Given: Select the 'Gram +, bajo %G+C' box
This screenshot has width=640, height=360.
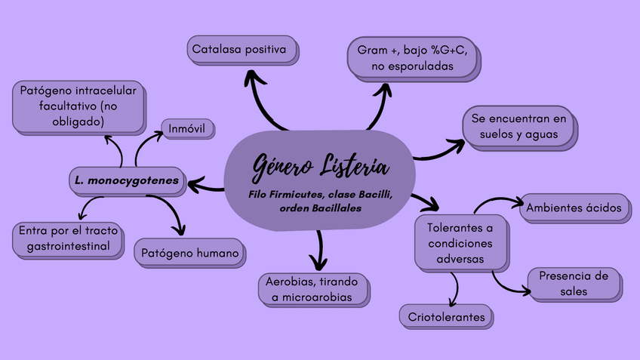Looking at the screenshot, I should pos(411,58).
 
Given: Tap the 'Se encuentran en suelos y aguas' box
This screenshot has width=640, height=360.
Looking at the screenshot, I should pos(518,127).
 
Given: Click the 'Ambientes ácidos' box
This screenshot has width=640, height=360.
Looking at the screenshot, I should pos(574,208).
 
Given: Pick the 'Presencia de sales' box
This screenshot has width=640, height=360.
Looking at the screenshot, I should pos(574,283).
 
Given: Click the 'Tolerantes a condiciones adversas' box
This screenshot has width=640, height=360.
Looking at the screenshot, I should pos(460,243).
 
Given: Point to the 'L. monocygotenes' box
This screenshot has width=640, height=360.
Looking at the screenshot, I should pos(127,180).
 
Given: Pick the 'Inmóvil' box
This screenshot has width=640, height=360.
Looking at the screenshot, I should pos(188,128).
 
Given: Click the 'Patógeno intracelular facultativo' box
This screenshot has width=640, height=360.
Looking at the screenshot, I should pos(78,106).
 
